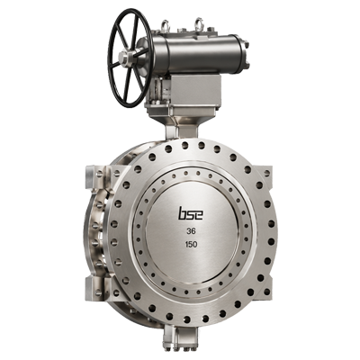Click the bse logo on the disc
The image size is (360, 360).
click(191, 213)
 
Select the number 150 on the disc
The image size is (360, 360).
click(191, 245)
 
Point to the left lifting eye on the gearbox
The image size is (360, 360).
click(165, 25)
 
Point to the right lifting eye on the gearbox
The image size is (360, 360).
click(198, 24)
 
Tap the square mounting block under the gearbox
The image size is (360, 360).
click(195, 89)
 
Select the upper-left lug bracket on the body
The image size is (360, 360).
click(95, 176)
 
